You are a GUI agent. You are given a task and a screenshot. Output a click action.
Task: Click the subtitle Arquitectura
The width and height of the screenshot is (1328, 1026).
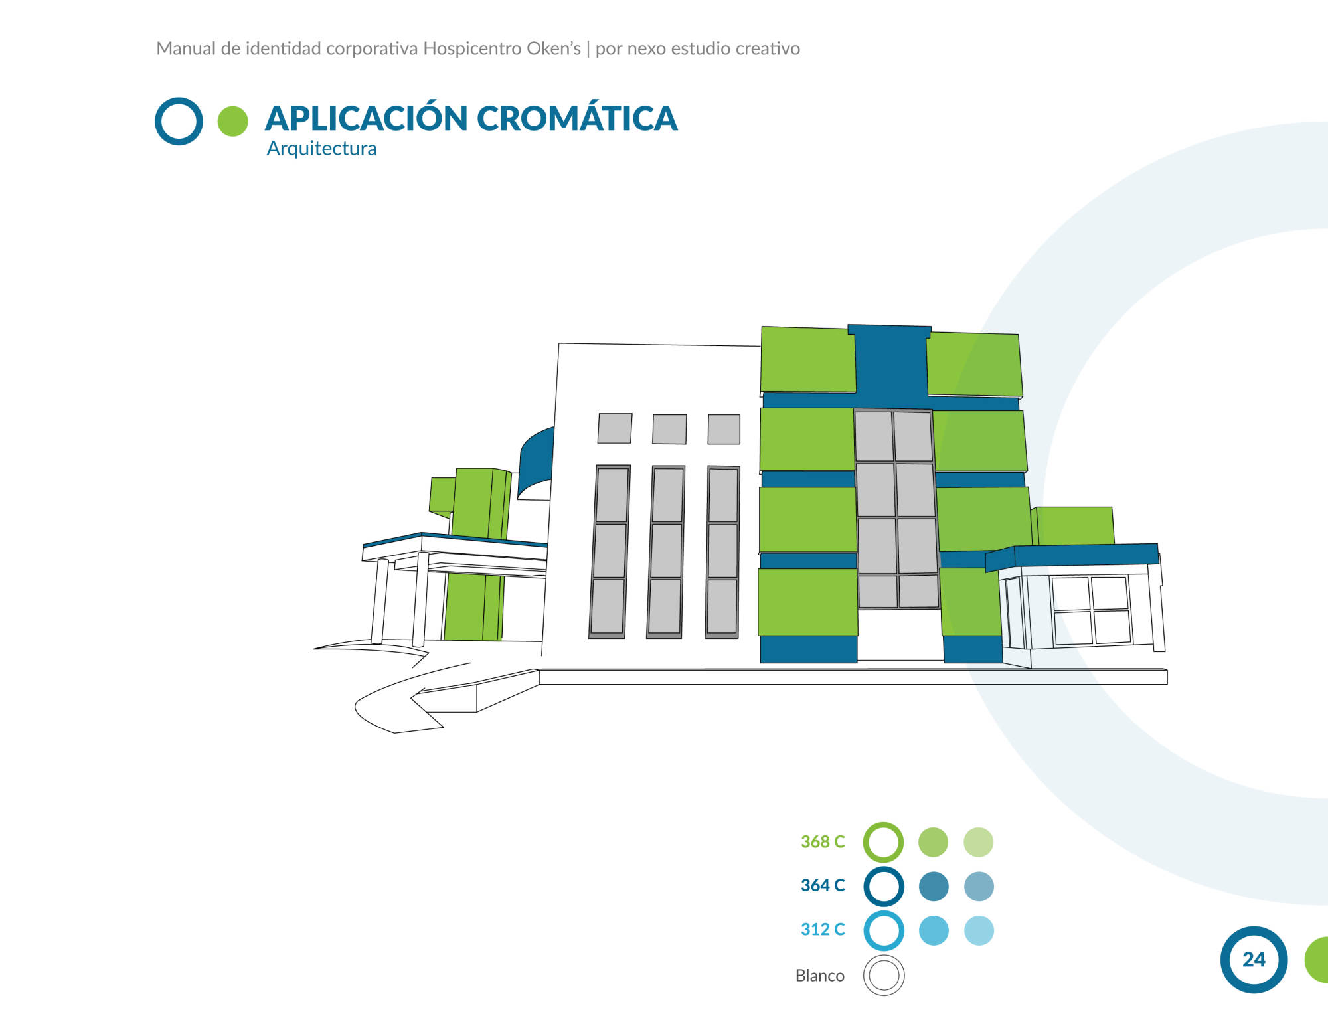click(321, 148)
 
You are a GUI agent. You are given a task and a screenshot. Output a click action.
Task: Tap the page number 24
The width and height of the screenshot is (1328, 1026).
click(1254, 959)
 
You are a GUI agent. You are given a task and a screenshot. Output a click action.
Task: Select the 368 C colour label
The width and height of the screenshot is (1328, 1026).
click(823, 841)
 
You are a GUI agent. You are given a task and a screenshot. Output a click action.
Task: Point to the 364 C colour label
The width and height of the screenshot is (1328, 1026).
click(823, 885)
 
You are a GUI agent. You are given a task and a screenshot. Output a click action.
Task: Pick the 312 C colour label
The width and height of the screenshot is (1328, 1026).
click(823, 929)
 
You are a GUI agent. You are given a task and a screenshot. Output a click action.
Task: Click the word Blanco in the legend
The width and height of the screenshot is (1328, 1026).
click(820, 975)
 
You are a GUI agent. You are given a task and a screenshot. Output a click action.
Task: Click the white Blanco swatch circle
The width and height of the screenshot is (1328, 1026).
click(884, 975)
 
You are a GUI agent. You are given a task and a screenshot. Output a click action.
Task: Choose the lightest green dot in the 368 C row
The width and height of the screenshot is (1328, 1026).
click(978, 842)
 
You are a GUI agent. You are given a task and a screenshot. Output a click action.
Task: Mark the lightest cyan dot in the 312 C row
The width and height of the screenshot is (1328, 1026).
click(979, 930)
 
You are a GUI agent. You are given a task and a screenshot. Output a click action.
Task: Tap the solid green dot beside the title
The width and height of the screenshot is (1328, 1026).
click(232, 122)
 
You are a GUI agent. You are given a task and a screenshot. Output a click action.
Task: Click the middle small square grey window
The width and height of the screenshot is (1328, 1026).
click(669, 429)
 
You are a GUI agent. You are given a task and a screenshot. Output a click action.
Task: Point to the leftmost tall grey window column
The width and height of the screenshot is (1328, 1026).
click(610, 552)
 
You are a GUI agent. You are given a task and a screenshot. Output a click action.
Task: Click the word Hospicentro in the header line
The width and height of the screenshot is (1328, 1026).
click(473, 48)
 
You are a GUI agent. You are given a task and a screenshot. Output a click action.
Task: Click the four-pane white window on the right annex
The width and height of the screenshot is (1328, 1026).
click(1091, 611)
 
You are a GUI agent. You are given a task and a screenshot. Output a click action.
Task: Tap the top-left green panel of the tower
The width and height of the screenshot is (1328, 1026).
click(808, 359)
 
